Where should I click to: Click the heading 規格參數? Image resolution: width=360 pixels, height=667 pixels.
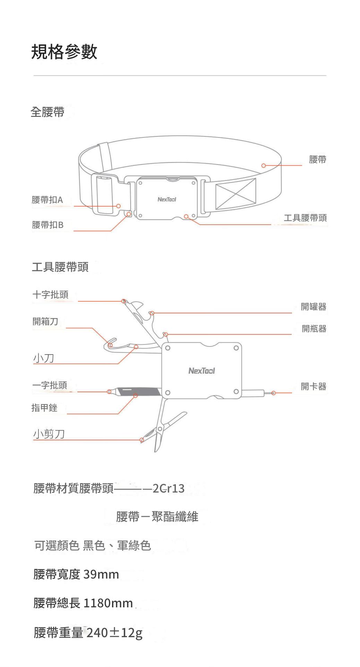pos(64,52)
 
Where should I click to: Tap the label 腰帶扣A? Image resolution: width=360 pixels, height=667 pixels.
pos(48,200)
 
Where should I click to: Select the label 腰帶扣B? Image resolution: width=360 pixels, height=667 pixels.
pos(48,225)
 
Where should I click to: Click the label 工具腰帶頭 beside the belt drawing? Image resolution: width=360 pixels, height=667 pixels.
pos(305,218)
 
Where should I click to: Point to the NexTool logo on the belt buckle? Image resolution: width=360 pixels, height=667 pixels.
pos(166,199)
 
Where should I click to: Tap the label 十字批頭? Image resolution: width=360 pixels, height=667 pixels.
pos(51,295)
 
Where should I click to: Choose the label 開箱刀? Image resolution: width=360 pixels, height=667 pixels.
pos(45,321)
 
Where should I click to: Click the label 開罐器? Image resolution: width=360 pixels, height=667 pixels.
pos(314,307)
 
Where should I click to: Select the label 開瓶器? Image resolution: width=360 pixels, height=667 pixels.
pos(314,328)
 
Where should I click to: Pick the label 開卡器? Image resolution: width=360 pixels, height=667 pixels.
pos(314,386)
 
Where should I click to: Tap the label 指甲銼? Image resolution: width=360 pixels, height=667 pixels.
pos(44,408)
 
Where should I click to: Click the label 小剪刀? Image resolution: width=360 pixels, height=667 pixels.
pos(49,434)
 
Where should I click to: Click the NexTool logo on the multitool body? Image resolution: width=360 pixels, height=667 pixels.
pos(202,371)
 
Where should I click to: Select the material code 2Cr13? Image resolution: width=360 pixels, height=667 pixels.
pos(169,488)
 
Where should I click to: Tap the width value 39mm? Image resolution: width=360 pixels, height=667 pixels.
pos(101,574)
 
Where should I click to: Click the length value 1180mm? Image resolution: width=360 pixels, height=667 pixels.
pos(108,603)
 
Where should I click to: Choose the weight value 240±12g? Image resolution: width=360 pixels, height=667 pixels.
pos(114,633)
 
